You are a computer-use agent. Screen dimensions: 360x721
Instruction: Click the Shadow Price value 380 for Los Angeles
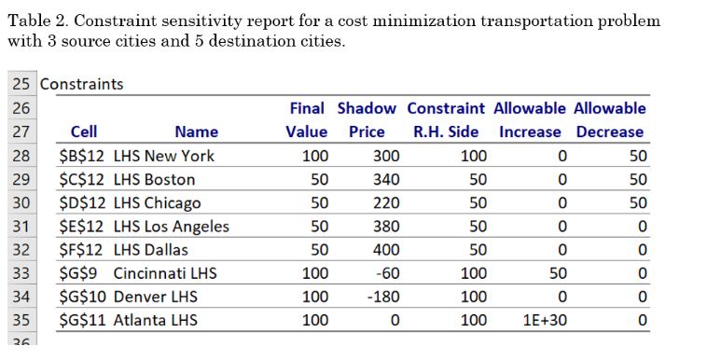[386, 227]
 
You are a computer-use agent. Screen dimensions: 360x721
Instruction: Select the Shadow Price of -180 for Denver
[383, 298]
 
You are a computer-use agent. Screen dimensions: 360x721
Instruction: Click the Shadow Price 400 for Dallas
[386, 250]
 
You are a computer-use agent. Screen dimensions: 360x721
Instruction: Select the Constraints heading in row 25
[81, 84]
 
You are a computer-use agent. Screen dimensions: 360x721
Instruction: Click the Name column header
[196, 132]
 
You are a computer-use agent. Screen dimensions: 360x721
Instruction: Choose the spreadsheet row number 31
[21, 227]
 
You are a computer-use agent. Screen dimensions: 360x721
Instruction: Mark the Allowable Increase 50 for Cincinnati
[557, 273]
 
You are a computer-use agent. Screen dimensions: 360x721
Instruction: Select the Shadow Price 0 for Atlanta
[395, 321]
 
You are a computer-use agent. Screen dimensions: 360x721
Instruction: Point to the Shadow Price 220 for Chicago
[386, 202]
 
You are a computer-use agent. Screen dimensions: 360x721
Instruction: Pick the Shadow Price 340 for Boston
[386, 179]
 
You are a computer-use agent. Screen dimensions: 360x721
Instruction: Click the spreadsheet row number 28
[21, 156]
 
